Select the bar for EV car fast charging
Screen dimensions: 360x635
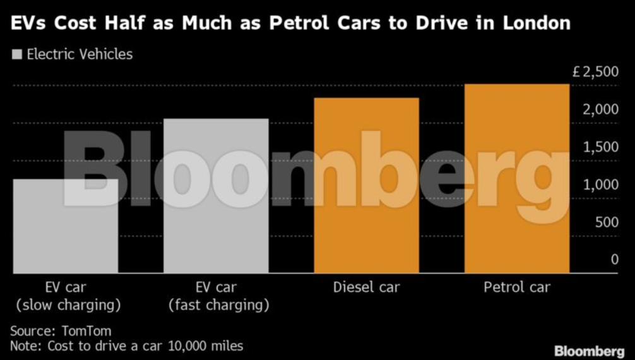point(216,196)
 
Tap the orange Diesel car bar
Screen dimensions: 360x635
point(366,186)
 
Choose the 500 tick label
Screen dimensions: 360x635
point(607,222)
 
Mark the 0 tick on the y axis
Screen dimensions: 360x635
point(614,260)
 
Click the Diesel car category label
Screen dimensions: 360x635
point(366,288)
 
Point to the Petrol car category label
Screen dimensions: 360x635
point(517,288)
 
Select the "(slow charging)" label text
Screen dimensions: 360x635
point(68,306)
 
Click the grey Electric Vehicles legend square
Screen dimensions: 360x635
point(18,54)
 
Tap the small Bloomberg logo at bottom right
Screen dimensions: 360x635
point(589,351)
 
